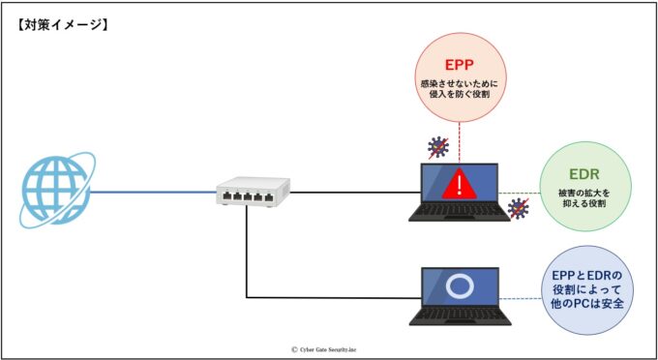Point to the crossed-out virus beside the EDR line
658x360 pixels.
(520, 207)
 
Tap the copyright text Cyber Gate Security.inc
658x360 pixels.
(328, 349)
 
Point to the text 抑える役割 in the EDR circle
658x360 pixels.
(583, 205)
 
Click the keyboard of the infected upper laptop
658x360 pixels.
(459, 213)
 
